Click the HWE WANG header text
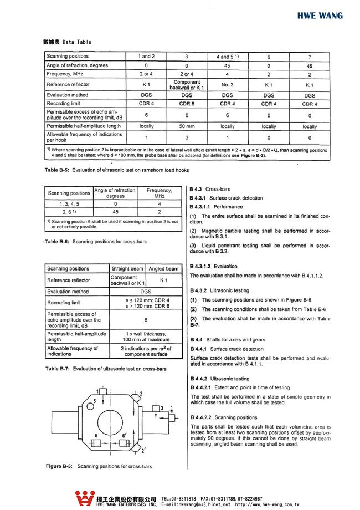(x=320, y=16)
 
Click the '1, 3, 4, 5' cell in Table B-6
(x=69, y=203)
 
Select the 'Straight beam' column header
(x=127, y=269)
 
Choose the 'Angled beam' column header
(x=164, y=269)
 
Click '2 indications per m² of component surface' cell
(x=146, y=351)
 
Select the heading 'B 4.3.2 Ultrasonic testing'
(x=219, y=290)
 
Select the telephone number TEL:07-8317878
(x=179, y=498)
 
